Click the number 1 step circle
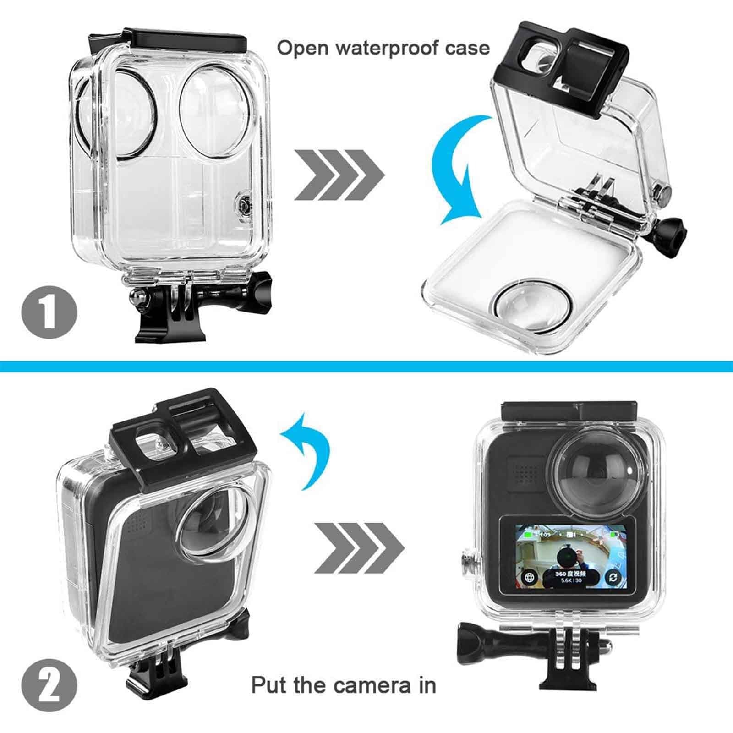coord(49,313)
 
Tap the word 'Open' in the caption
coord(302,48)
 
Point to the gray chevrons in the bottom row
coord(359,547)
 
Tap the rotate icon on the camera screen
coord(613,577)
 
